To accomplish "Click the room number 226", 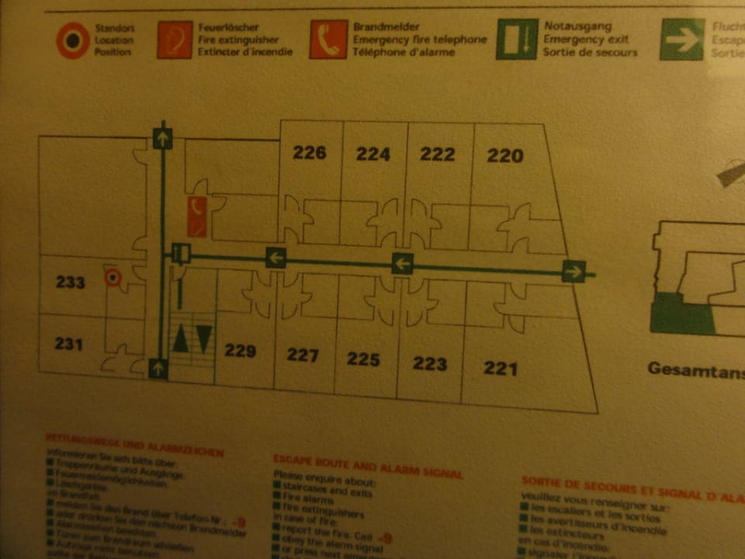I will (310, 152).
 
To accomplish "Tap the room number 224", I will (373, 154).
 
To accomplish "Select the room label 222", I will (438, 154).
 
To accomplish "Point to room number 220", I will (505, 155).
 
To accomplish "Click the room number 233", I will (70, 282).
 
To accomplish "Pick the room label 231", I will (69, 342).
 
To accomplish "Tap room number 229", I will (241, 351).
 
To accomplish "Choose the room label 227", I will (303, 356).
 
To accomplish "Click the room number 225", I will (363, 359).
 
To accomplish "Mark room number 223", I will (430, 363).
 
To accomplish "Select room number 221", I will (501, 367).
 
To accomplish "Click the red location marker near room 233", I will (113, 277).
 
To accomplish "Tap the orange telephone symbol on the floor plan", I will (197, 216).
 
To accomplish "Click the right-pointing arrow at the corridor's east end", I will (573, 271).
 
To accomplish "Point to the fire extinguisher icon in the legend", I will (175, 40).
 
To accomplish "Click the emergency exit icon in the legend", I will (517, 39).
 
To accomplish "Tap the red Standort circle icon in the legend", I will (73, 40).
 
